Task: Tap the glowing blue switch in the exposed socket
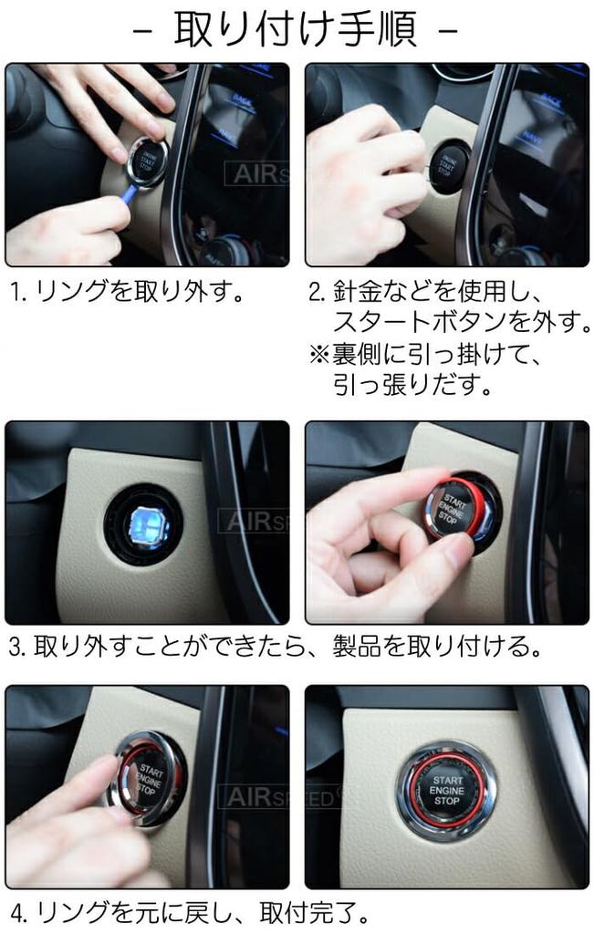point(144,524)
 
